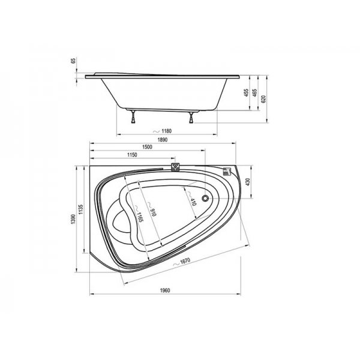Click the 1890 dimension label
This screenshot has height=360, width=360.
(163, 140)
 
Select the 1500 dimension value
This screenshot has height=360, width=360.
(147, 147)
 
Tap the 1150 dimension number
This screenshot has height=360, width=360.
(132, 155)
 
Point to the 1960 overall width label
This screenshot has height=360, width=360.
(165, 290)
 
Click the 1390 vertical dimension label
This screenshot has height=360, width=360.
(73, 219)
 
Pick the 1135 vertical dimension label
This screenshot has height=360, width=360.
(80, 209)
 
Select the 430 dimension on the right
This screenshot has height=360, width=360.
(247, 182)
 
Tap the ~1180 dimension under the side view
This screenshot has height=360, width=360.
(163, 131)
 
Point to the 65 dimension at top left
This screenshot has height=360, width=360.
(73, 61)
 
